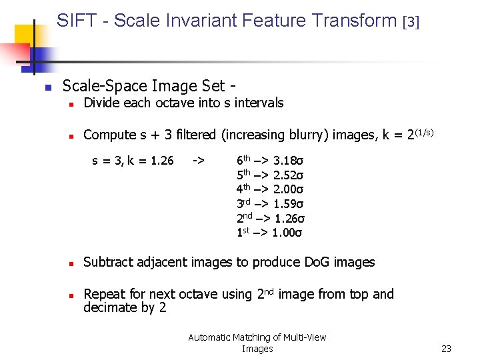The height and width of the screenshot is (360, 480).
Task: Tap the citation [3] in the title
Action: pos(411,22)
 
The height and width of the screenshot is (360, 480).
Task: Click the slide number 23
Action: pos(446,349)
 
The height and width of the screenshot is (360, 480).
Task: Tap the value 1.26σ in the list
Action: pos(289,219)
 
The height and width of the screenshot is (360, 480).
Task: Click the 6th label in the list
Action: pos(244,160)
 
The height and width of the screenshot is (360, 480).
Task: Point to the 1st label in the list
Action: pos(243,233)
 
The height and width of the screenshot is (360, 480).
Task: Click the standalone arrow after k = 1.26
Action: pos(198,161)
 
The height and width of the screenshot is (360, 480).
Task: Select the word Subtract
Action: pos(108,262)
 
